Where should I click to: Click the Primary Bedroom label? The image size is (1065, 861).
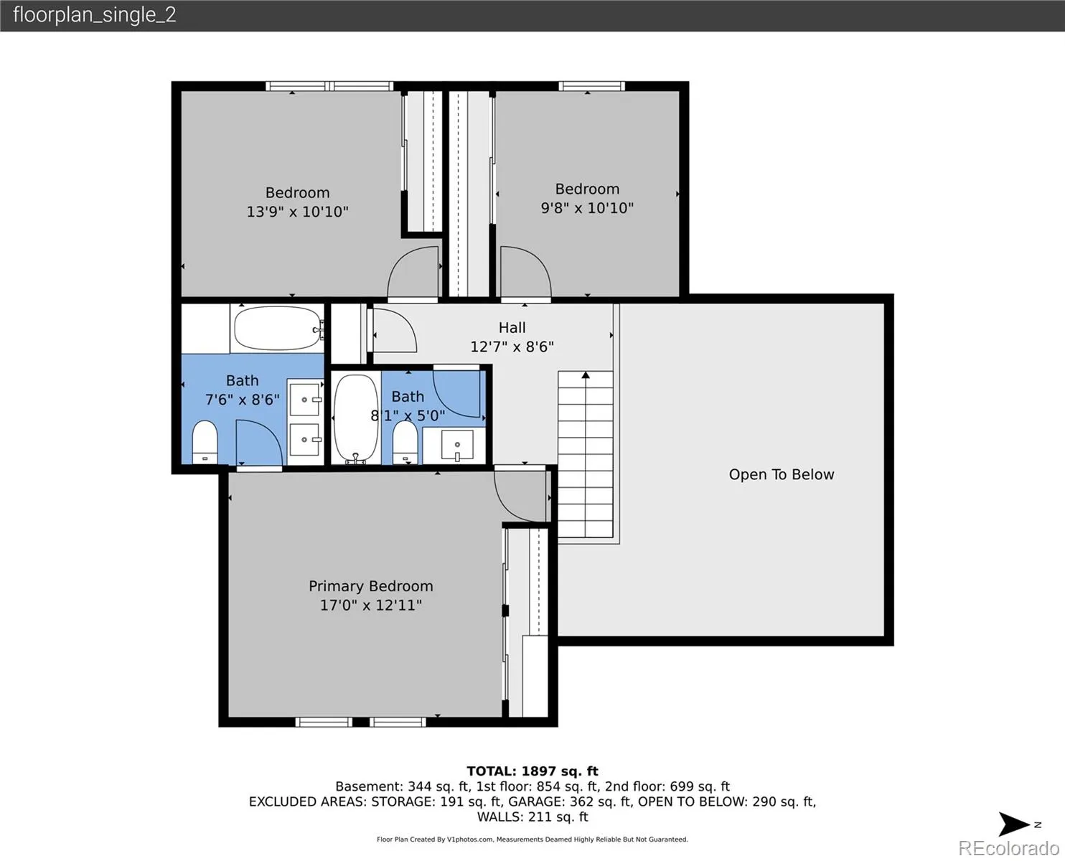click(370, 585)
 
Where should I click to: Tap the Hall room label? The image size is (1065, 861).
click(512, 328)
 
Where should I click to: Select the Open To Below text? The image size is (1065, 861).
click(782, 474)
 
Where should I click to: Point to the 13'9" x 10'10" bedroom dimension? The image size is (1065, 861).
click(298, 212)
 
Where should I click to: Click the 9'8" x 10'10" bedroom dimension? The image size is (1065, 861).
click(587, 208)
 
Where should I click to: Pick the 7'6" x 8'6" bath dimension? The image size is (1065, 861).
click(243, 400)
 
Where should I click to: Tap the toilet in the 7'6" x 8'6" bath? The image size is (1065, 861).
click(205, 442)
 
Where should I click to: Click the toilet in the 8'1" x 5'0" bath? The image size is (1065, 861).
click(405, 443)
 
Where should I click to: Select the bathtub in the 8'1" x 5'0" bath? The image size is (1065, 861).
click(356, 419)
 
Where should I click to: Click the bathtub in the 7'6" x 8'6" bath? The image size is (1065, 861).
click(278, 328)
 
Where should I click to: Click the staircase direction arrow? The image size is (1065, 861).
click(586, 375)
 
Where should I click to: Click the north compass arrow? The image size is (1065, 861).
click(1013, 824)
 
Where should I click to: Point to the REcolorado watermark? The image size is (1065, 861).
click(1008, 848)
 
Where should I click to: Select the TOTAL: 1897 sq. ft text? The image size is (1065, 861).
click(532, 771)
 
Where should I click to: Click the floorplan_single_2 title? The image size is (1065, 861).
click(95, 15)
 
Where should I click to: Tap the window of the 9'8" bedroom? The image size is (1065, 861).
click(591, 86)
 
